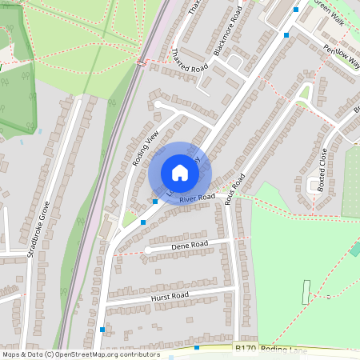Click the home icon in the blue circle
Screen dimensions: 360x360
pyautogui.click(x=180, y=173)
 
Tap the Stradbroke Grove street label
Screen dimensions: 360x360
pyautogui.click(x=39, y=229)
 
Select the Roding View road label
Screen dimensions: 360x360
pyautogui.click(x=146, y=147)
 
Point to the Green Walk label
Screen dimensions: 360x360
pyautogui.click(x=329, y=13)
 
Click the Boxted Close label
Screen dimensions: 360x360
pyautogui.click(x=322, y=167)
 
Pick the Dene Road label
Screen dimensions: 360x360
pyautogui.click(x=190, y=244)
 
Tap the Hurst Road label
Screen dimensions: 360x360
pyautogui.click(x=169, y=297)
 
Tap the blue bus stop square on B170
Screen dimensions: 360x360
pyautogui.click(x=197, y=348)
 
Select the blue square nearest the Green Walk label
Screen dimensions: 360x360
pyautogui.click(x=296, y=10)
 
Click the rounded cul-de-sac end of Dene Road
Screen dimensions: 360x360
pyautogui.click(x=148, y=251)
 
